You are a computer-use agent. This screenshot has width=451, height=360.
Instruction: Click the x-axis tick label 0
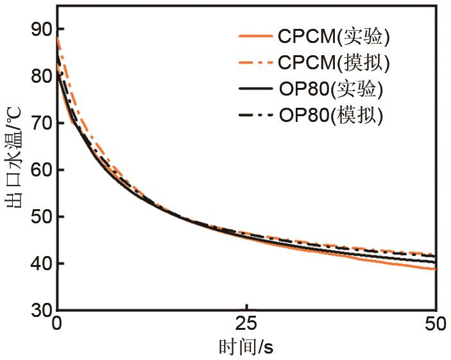coord(58,324)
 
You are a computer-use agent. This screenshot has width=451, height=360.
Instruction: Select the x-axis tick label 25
coord(246,324)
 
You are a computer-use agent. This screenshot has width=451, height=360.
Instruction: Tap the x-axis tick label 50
coord(435,324)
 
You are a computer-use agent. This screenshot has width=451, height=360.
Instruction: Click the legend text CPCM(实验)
coord(333,37)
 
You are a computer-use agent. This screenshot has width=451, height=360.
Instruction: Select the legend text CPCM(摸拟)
coord(333,63)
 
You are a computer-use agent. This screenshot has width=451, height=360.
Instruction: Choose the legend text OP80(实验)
coord(331,89)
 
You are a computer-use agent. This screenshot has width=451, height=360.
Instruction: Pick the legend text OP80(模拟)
coord(331,116)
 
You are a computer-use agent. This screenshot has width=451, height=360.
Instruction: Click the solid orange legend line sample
coord(255,37)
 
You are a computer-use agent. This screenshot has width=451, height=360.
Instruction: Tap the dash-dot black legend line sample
coord(255,116)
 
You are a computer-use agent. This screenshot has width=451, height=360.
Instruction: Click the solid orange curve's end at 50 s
coord(435,269)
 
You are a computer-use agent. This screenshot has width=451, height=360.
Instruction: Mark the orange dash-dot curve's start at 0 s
coord(58,38)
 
